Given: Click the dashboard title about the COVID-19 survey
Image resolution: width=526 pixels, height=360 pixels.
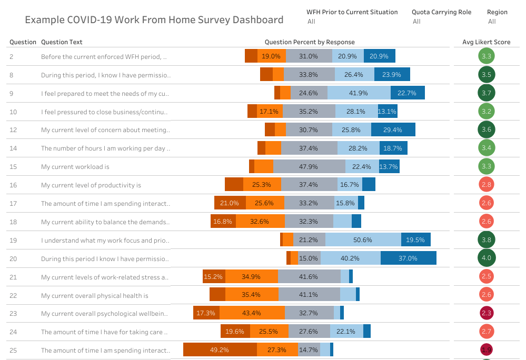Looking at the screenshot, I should pyautogui.click(x=154, y=20).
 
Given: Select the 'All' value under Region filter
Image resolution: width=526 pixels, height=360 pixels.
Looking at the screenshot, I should pyautogui.click(x=492, y=22).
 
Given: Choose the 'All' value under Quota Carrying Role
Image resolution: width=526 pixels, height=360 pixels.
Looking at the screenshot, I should pyautogui.click(x=416, y=22).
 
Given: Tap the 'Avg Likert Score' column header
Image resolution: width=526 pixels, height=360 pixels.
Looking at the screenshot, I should pyautogui.click(x=486, y=42).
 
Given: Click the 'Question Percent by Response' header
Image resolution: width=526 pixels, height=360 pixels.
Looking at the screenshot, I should pyautogui.click(x=310, y=42).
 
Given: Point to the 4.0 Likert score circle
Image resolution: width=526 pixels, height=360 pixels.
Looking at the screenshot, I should pyautogui.click(x=486, y=258).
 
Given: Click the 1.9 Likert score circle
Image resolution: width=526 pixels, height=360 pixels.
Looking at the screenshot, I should pyautogui.click(x=486, y=350).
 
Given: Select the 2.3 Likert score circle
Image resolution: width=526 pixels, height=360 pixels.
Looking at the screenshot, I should pyautogui.click(x=486, y=313).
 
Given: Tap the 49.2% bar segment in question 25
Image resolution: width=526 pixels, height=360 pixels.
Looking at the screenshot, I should pyautogui.click(x=220, y=350).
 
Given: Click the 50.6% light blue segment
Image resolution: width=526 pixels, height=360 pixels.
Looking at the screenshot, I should pyautogui.click(x=363, y=239).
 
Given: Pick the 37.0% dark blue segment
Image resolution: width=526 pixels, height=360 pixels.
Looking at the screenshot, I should pyautogui.click(x=408, y=258).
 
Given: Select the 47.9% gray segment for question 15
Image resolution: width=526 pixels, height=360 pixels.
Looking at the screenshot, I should pyautogui.click(x=309, y=166).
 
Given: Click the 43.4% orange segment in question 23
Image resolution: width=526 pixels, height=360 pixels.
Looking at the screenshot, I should pyautogui.click(x=252, y=313).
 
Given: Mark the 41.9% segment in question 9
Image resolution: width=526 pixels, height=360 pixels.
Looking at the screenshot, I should pyautogui.click(x=359, y=93).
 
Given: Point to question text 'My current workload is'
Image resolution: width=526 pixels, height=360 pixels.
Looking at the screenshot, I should pyautogui.click(x=75, y=167).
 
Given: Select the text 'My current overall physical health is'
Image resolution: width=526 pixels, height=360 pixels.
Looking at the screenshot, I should pyautogui.click(x=95, y=296).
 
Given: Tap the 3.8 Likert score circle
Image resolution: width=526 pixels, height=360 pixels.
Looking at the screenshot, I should pyautogui.click(x=486, y=240).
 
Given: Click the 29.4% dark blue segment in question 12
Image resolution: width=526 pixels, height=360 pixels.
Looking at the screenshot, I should pyautogui.click(x=393, y=129).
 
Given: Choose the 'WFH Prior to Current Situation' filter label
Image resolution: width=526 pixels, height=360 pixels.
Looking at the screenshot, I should pyautogui.click(x=352, y=12).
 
